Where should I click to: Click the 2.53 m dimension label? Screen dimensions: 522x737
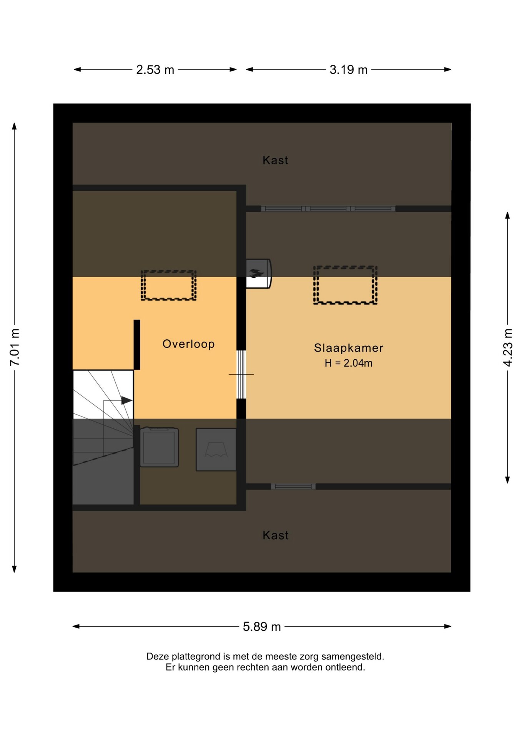click(x=155, y=70)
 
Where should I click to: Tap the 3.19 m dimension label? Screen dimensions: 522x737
click(x=348, y=70)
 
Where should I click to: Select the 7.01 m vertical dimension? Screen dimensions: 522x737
click(x=15, y=347)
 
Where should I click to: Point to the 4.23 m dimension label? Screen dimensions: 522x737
click(x=507, y=347)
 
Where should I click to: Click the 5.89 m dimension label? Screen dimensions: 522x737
click(x=262, y=626)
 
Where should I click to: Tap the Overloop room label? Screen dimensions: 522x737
click(x=188, y=344)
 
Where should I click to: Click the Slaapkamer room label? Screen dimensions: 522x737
click(x=349, y=348)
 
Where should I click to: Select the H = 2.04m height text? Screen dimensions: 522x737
click(x=348, y=363)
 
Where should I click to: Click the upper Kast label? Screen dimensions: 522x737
click(x=275, y=160)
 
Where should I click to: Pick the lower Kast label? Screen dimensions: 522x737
click(x=275, y=535)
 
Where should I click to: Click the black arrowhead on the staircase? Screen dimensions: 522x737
click(x=127, y=400)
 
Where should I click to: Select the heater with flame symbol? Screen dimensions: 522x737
click(x=258, y=273)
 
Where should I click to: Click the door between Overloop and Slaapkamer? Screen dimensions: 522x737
click(x=241, y=374)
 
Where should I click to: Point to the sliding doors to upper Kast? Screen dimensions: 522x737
click(x=328, y=209)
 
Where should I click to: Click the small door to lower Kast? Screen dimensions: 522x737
click(x=293, y=486)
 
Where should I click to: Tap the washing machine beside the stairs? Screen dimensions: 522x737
click(x=159, y=447)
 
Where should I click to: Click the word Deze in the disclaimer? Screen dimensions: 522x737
click(x=158, y=656)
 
